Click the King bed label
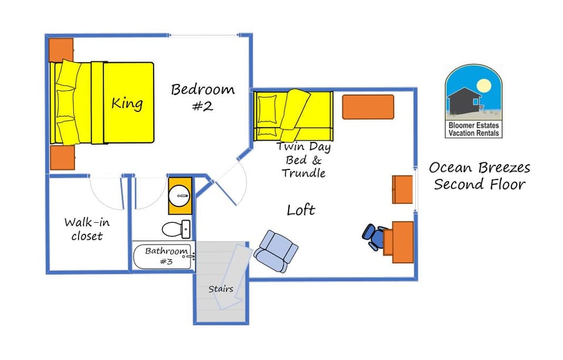(127, 104)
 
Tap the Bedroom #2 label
(202, 97)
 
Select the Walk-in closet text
(87, 229)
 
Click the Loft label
(301, 209)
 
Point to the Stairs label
(221, 288)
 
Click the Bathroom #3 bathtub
(162, 256)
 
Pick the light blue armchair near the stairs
(275, 250)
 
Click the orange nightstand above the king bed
(60, 50)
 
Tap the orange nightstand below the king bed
(62, 157)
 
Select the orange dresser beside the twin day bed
(368, 107)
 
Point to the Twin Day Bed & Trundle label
(303, 159)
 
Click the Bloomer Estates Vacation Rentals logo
(473, 101)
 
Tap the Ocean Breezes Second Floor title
(479, 176)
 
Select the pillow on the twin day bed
(267, 109)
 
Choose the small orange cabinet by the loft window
(402, 189)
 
